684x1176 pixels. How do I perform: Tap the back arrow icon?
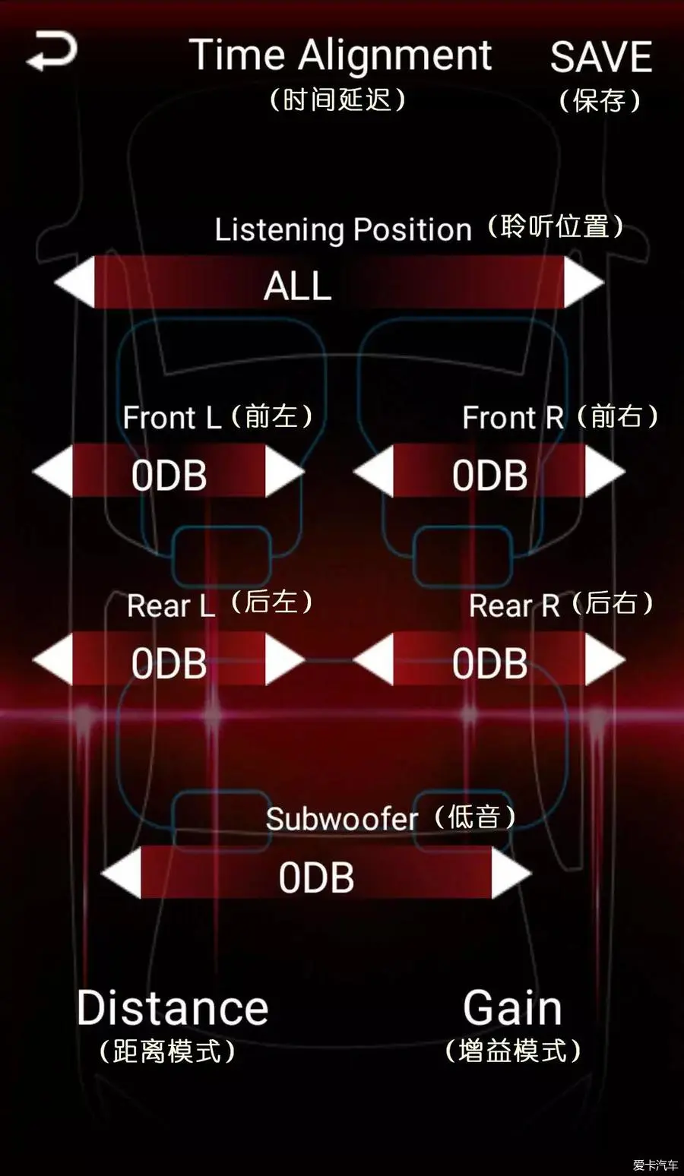52,52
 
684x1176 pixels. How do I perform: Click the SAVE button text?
600,58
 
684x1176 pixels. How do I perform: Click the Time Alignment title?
340,56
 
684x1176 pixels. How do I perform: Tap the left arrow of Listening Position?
74,282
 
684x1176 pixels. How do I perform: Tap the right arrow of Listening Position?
584,282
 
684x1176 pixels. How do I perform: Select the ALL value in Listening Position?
298,286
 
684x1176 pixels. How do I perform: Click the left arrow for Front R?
374,472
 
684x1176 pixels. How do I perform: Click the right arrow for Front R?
605,472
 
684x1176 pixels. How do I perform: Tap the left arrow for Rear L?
53,659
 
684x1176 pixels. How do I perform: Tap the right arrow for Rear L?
284,659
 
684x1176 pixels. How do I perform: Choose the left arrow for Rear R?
374,659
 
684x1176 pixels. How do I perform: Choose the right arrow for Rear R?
605,659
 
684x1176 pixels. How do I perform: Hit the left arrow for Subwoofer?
122,873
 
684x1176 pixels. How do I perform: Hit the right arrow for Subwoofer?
511,873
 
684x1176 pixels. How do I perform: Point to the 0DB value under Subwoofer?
316,877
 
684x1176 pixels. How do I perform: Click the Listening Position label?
343,229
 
